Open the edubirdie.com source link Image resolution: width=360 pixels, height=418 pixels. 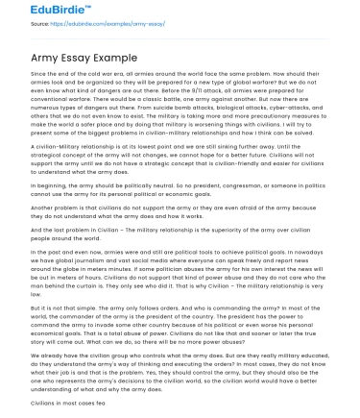[x=90, y=29]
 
